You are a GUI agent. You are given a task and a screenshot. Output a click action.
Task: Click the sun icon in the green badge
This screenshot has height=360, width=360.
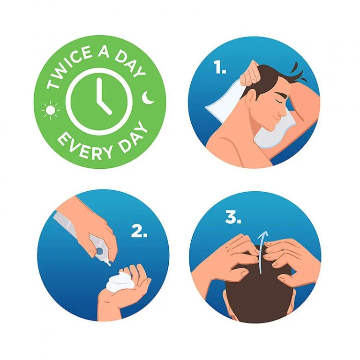[51, 110]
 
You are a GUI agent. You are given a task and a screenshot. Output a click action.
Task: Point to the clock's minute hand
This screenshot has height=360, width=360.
[99, 90]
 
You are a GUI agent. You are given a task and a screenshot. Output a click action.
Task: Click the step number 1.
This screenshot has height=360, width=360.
[220, 67]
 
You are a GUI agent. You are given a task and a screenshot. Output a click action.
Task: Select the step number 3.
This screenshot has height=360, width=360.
[233, 217]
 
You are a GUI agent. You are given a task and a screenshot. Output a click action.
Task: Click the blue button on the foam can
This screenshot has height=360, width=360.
[100, 251]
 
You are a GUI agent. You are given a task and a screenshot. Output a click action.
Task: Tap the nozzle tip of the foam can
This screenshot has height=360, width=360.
[109, 264]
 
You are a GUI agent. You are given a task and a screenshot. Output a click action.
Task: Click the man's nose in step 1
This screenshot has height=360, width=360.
[285, 112]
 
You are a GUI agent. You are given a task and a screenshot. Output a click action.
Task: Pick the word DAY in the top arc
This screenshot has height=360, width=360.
[130, 64]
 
